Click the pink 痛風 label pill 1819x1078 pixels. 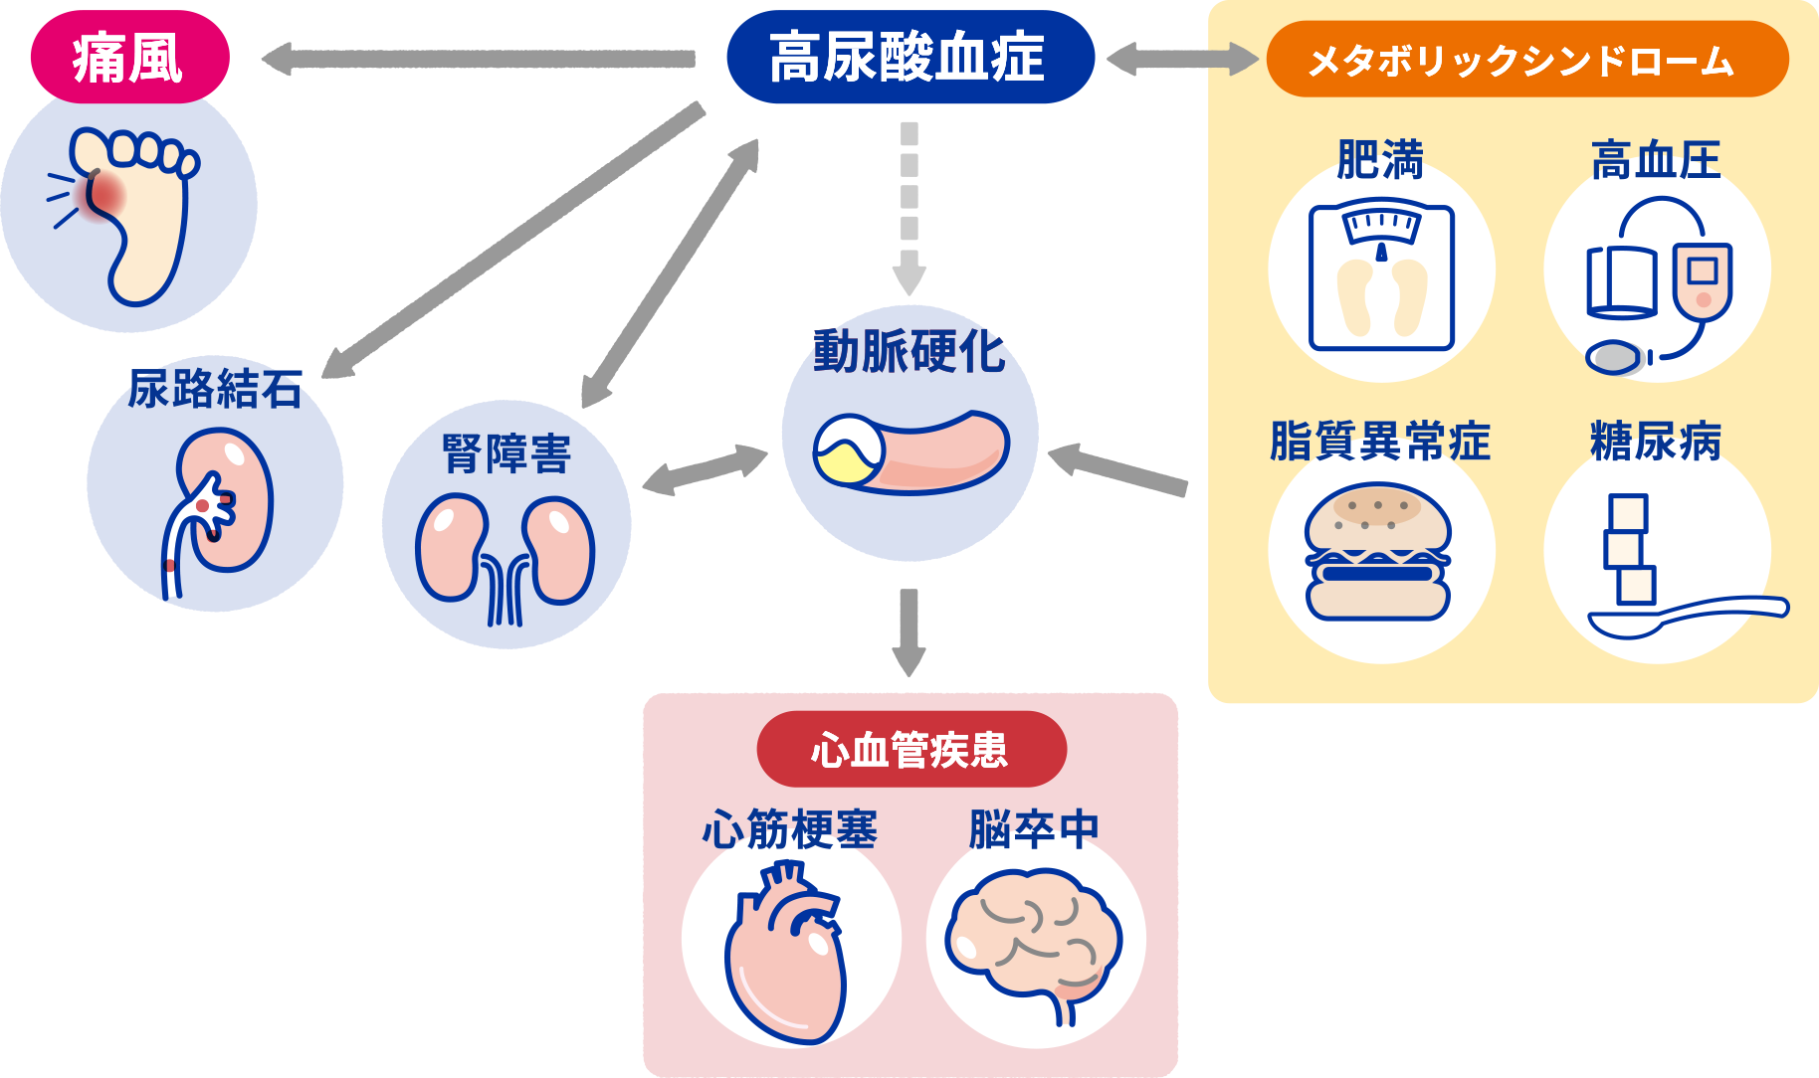129,58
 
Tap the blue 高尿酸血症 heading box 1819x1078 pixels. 909,58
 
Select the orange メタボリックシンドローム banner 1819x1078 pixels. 1525,60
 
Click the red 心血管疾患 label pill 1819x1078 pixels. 910,749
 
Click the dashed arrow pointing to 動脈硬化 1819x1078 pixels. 909,209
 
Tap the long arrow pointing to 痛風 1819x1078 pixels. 478,59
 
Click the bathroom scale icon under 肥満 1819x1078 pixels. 1381,276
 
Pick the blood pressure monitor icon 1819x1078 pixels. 1657,283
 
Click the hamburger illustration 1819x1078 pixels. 1378,552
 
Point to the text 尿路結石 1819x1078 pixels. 215,389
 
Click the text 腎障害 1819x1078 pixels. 506,454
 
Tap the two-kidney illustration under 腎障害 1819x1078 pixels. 505,557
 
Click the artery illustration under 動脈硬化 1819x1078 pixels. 910,452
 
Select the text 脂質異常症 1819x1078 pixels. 1380,442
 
